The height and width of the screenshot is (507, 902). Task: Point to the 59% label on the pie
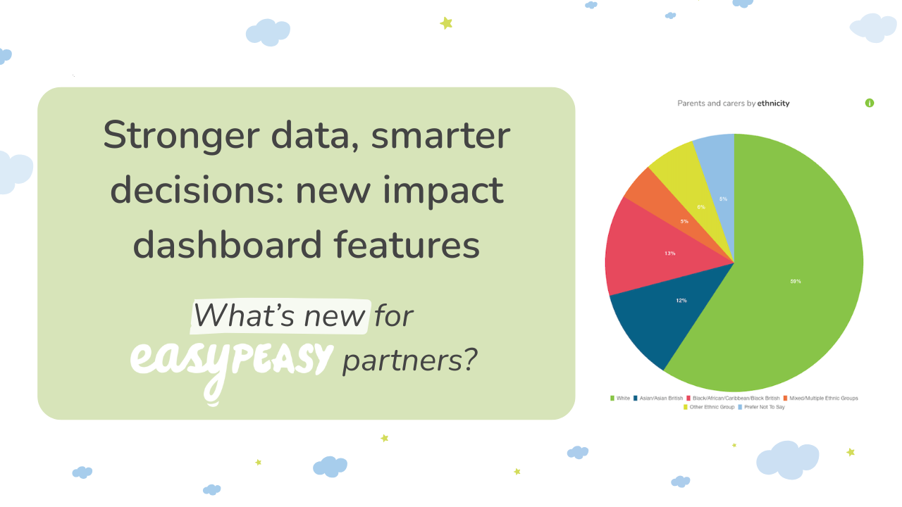pyautogui.click(x=796, y=282)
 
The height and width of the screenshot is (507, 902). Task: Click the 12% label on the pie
pyautogui.click(x=681, y=301)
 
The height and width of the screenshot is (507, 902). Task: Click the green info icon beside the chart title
pyautogui.click(x=870, y=103)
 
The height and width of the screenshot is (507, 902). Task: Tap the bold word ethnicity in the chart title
pyautogui.click(x=774, y=104)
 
